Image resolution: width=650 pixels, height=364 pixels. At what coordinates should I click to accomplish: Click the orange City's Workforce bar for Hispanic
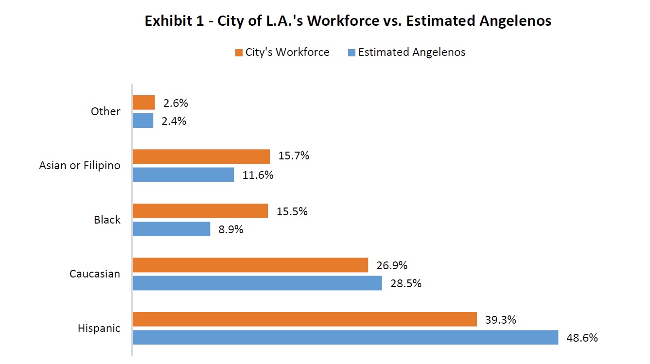click(304, 319)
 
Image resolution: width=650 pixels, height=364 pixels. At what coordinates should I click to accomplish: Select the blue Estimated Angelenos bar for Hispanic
click(345, 337)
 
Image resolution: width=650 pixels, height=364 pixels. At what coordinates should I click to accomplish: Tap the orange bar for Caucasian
click(250, 265)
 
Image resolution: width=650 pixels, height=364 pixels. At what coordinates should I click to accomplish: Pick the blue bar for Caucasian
click(257, 283)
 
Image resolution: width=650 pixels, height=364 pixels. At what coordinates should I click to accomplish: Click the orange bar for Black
click(200, 211)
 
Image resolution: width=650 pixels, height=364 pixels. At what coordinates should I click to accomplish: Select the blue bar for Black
click(171, 229)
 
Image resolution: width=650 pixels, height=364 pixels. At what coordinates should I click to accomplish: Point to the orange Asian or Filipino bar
click(201, 156)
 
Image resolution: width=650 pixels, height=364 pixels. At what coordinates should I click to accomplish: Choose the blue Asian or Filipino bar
click(183, 174)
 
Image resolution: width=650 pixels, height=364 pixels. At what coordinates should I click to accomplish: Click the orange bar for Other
click(143, 103)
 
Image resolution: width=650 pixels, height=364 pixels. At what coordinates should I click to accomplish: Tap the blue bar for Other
click(143, 121)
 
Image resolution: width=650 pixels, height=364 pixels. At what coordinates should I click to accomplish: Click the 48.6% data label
click(582, 338)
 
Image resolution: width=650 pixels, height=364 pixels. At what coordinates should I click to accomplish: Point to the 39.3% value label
click(500, 320)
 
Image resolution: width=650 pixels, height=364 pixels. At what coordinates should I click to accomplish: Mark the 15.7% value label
click(294, 156)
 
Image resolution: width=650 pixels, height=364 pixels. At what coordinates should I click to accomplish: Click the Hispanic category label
click(99, 329)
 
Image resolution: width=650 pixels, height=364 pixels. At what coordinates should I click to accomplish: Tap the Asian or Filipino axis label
click(79, 166)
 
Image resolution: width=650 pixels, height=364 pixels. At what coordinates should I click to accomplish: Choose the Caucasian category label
click(94, 274)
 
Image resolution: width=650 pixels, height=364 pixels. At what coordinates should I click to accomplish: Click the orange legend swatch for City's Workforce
click(239, 52)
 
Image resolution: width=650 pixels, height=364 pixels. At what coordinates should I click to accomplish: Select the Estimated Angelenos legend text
click(411, 52)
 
